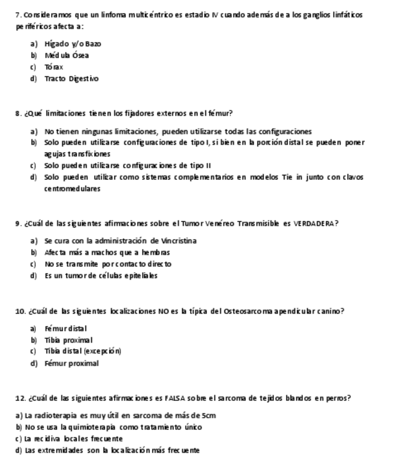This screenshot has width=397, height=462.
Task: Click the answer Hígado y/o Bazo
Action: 72,43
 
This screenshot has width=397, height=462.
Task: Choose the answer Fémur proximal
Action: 71,363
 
